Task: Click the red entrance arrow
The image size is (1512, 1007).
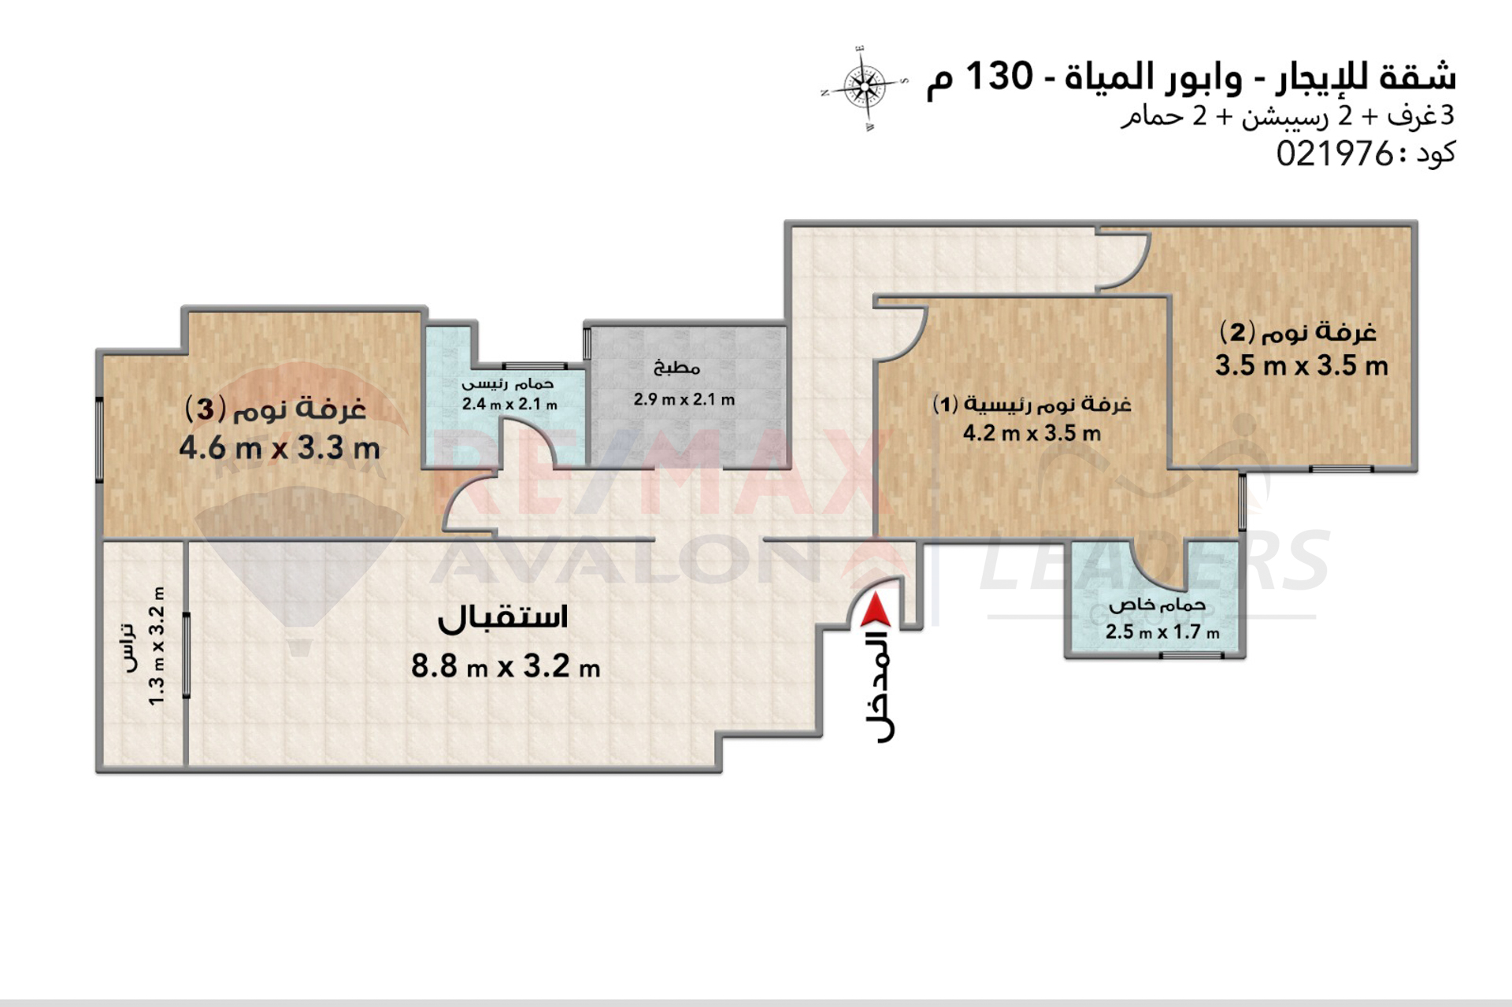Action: [x=875, y=611]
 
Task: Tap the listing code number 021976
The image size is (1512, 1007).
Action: [x=1335, y=153]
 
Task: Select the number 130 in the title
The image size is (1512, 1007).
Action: [x=998, y=76]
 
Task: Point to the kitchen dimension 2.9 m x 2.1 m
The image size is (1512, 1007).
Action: [x=684, y=399]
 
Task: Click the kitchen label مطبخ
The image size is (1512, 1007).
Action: [x=676, y=367]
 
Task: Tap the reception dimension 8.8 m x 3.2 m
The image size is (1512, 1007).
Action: [x=505, y=667]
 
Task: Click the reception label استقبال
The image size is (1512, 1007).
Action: [x=502, y=617]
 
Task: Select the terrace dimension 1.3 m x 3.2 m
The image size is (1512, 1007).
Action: [x=157, y=646]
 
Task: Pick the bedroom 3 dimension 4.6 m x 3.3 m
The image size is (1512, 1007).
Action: [x=280, y=448]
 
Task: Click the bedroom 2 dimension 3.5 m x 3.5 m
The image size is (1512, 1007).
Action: [x=1301, y=365]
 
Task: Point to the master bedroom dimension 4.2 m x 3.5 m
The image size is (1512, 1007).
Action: [x=1032, y=433]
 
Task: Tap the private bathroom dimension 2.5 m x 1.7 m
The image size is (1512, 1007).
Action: [x=1162, y=631]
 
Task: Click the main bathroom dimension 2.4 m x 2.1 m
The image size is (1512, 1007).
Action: [x=510, y=404]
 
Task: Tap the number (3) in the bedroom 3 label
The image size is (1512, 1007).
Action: [x=206, y=409]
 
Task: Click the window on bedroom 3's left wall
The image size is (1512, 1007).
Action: [x=100, y=439]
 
